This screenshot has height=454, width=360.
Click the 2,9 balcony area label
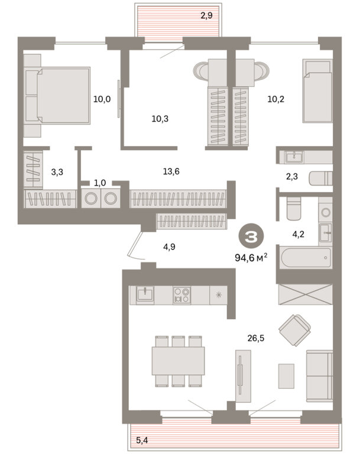[x=206, y=15]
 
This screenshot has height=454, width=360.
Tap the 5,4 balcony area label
[x=142, y=440]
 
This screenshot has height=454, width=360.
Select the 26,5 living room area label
[x=256, y=338]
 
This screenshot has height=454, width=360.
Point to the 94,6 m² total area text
[x=251, y=257]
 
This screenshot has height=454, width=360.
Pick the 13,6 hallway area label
[x=171, y=171]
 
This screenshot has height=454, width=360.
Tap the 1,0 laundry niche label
[x=100, y=183]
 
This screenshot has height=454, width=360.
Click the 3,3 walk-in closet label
[x=57, y=172]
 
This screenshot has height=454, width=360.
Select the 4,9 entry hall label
[x=169, y=247]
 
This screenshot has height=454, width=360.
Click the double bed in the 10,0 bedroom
[x=57, y=96]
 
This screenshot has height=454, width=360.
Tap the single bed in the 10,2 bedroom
[x=317, y=91]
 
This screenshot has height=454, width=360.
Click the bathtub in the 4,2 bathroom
[x=306, y=258]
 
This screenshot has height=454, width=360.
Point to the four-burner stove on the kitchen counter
[x=182, y=295]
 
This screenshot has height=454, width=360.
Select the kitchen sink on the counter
[x=145, y=295]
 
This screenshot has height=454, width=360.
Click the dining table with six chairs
[x=178, y=361]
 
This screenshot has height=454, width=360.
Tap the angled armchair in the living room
[x=295, y=330]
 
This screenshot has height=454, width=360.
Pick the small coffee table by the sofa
[x=286, y=376]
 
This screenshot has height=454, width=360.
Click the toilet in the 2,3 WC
[x=320, y=179]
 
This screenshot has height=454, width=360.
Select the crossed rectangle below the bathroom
[x=305, y=294]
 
